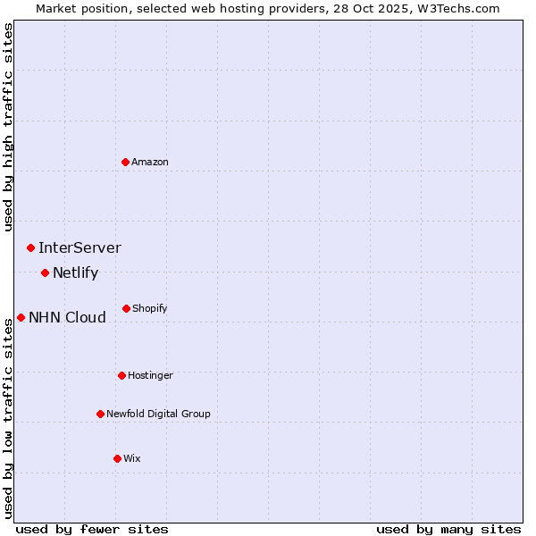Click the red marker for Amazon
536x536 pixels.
[x=125, y=162]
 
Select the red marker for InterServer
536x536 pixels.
[x=30, y=247]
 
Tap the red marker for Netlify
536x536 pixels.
[x=45, y=272]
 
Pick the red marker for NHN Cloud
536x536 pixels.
[x=21, y=317]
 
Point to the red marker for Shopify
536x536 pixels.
[x=126, y=308]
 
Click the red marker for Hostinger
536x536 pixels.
[x=121, y=375]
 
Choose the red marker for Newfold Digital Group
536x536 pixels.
[x=100, y=414]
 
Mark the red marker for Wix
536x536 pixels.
[x=117, y=458]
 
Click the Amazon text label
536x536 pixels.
[x=150, y=162]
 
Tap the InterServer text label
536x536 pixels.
[x=80, y=247]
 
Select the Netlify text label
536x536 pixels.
[x=75, y=272]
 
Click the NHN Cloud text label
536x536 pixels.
[x=67, y=317]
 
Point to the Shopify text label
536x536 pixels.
[x=150, y=308]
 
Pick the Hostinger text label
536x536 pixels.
[x=150, y=375]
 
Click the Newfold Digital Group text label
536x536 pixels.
[x=158, y=414]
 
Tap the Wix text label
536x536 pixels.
[x=132, y=458]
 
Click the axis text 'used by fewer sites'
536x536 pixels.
[x=92, y=529]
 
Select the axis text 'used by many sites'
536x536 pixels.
[x=448, y=529]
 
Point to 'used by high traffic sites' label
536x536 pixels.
[x=8, y=127]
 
